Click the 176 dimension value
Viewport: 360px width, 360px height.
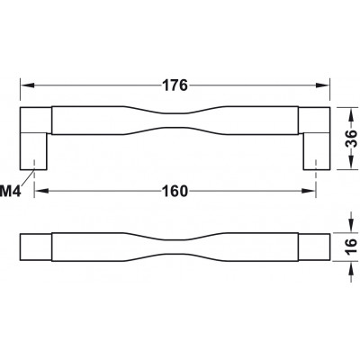tap(175, 85)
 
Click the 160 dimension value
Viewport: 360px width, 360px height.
tap(175, 191)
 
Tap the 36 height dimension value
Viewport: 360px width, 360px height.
tap(350, 139)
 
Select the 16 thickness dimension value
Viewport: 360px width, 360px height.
tap(350, 247)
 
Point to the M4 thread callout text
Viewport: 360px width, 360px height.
tap(11, 192)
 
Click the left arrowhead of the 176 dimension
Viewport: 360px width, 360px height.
tap(27, 85)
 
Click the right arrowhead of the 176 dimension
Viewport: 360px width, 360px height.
tap(323, 85)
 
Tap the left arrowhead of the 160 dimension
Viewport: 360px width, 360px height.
tap(41, 191)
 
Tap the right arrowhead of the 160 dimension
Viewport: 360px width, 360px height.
tap(309, 191)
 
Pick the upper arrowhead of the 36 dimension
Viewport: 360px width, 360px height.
tap(350, 113)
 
